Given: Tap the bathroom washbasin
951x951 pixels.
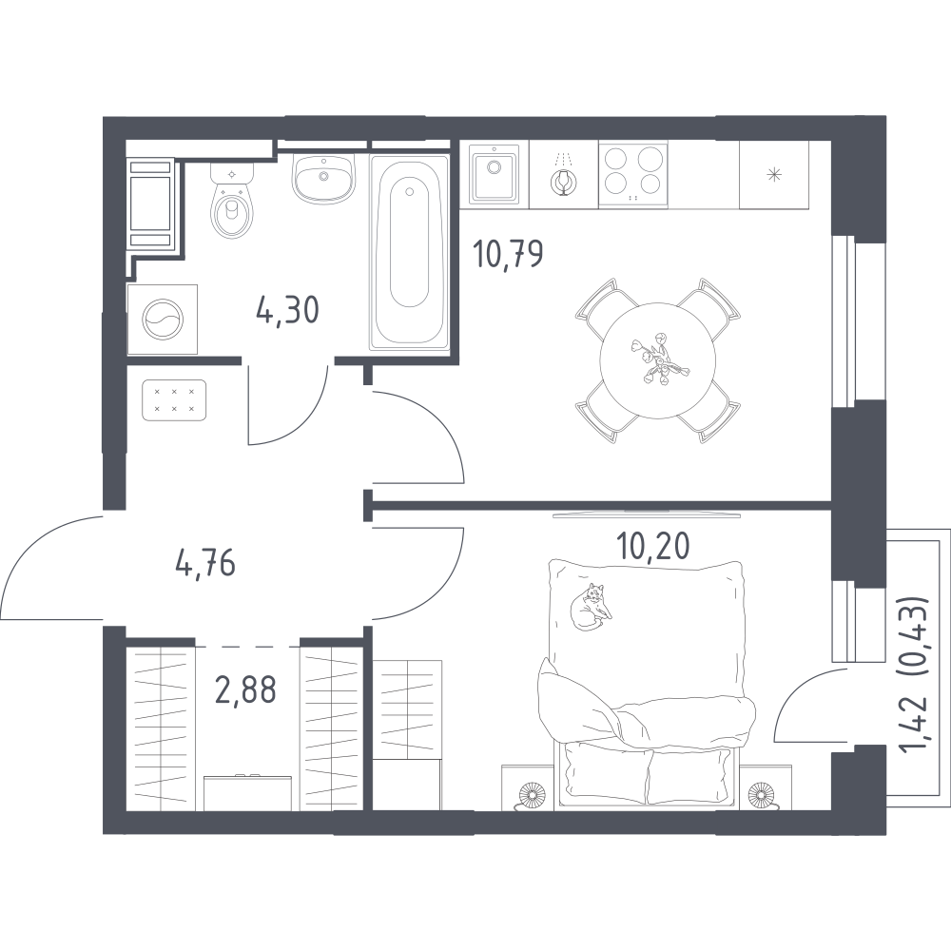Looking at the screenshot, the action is pos(323,178).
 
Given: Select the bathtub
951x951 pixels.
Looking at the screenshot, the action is pos(409,252).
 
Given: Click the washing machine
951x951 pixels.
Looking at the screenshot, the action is pos(163,319).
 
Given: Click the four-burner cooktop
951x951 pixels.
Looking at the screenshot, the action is pos(633,175).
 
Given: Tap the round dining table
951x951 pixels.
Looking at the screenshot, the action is pos(657,360).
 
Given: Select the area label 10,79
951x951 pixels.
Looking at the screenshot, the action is pos(508,255).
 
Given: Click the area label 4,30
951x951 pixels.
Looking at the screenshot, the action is pos(287,311).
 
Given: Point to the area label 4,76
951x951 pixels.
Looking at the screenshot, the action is pos(205,565).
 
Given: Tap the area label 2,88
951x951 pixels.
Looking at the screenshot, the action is pos(246,689).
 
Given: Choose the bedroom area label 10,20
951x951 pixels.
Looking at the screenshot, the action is pos(652,546).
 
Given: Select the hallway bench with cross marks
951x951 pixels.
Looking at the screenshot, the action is pos(174,400).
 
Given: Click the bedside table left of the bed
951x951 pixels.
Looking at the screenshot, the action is pos(528,787).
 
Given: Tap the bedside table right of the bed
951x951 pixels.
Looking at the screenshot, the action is pos(766,787).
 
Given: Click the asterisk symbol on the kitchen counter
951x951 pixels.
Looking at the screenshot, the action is pos(774,175).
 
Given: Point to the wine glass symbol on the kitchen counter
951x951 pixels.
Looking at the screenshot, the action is pos(564,179).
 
